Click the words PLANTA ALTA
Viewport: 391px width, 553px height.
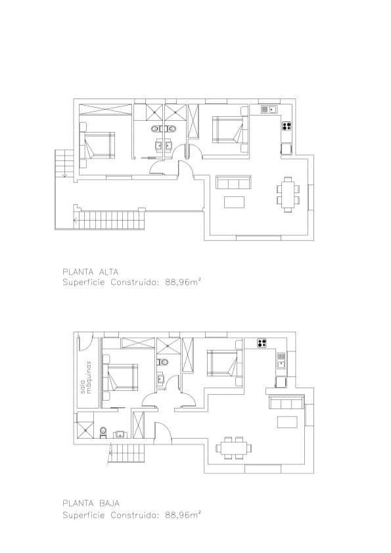point(90,271)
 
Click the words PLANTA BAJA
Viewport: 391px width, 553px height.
point(90,503)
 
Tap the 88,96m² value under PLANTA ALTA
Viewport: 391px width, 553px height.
point(183,282)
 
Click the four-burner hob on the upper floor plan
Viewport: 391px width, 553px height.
point(287,125)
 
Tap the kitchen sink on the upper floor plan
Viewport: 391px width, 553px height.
point(269,109)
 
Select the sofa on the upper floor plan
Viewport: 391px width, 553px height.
point(234,182)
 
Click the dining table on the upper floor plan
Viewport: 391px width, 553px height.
point(288,194)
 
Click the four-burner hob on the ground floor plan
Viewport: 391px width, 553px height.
point(262,342)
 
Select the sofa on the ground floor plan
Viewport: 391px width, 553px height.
point(287,403)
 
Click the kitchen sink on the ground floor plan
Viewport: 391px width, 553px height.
point(281,358)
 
